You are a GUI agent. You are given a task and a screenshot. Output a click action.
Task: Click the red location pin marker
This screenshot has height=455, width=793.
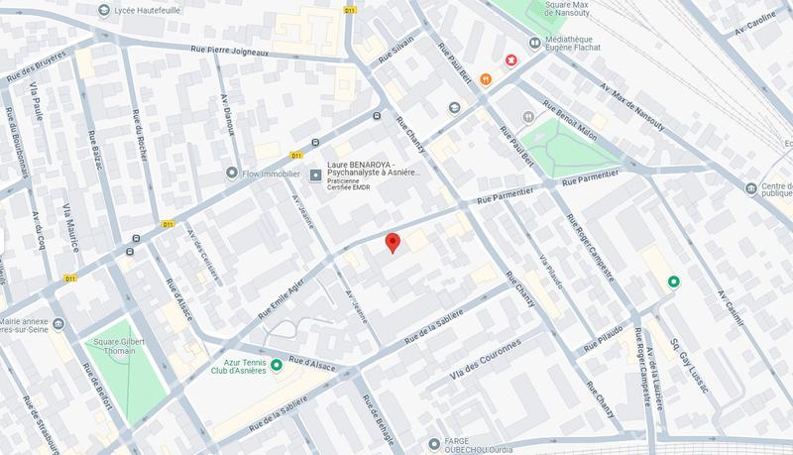click(393, 243)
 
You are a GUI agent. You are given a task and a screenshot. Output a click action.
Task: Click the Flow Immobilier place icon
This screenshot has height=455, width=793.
click(233, 172)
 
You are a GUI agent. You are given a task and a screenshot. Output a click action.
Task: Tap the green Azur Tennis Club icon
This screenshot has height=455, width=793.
click(277, 365)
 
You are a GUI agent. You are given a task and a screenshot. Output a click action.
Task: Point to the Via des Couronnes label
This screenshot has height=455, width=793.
click(485, 361)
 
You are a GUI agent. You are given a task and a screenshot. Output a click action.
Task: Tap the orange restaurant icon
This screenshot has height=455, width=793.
click(486, 78)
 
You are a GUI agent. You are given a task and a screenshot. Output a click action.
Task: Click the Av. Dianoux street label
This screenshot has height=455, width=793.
click(228, 122)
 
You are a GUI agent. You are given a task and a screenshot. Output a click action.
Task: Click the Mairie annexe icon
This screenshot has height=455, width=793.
click(57, 324)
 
